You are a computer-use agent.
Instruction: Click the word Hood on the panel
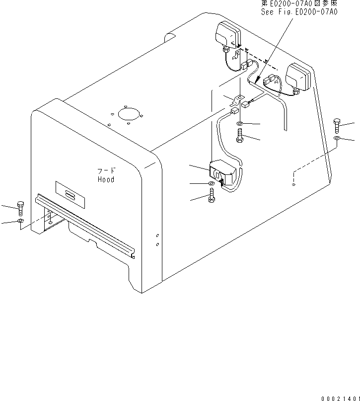coord(106,179)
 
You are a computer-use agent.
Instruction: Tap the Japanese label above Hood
coord(106,171)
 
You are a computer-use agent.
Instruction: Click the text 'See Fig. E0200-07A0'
coord(299,12)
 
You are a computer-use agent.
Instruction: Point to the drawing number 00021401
coord(341,399)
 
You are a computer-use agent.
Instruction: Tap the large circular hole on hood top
coord(129,115)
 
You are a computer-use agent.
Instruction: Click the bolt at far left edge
coord(20,208)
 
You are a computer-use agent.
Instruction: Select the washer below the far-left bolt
coord(20,221)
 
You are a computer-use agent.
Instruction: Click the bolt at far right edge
coord(337,126)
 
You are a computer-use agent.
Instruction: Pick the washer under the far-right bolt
coord(337,138)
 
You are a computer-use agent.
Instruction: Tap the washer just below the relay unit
coord(212,183)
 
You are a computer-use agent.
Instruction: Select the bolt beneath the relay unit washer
coord(212,195)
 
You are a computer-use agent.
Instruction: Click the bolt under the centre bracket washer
coord(240,135)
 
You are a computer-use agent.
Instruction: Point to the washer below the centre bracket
coord(240,124)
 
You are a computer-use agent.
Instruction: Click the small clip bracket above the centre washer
coord(237,100)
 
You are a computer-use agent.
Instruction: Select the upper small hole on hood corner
coord(157,235)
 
